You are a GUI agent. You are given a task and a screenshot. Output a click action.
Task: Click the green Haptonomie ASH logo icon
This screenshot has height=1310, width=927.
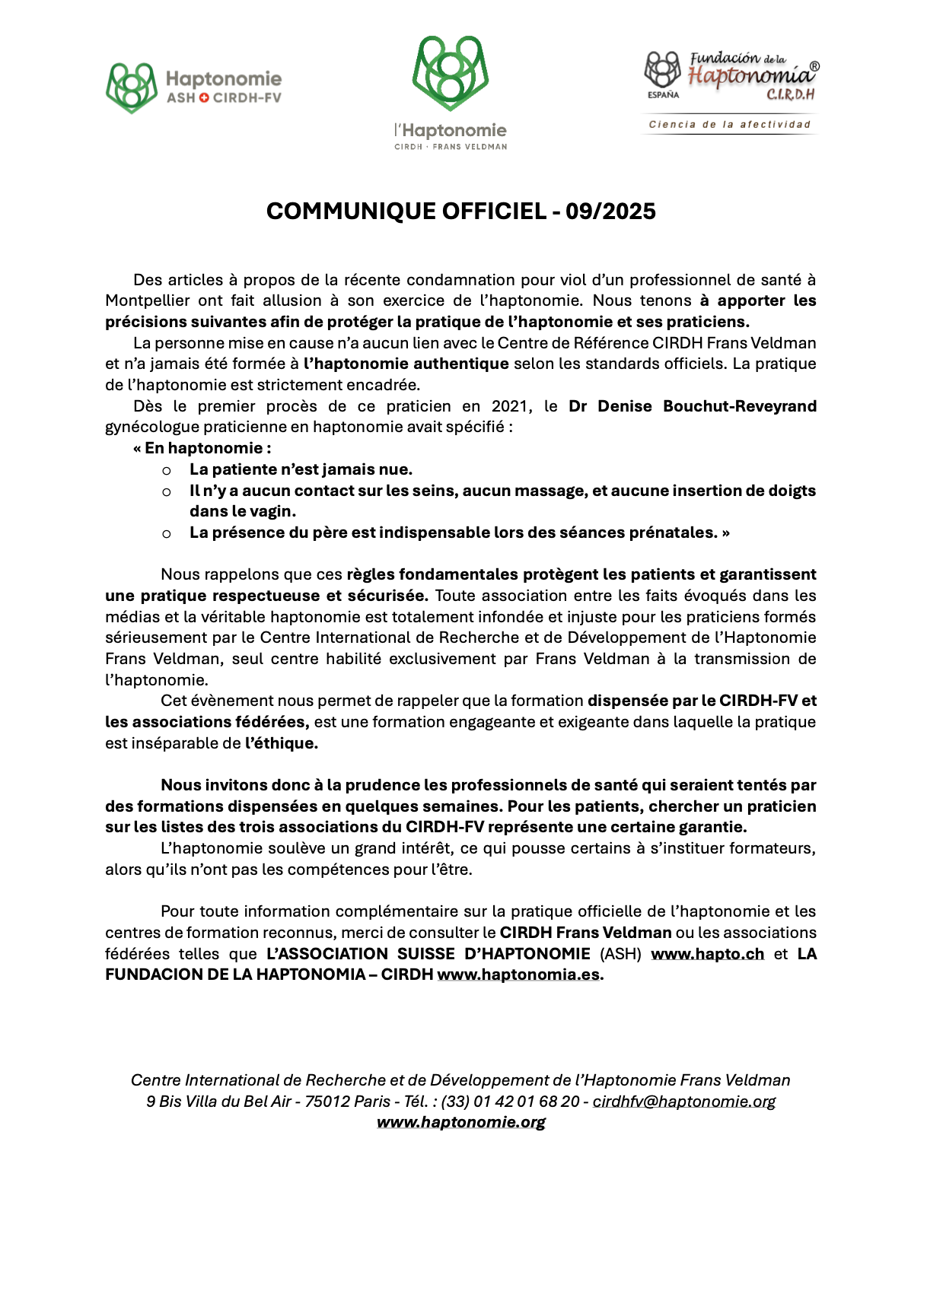[x=132, y=87]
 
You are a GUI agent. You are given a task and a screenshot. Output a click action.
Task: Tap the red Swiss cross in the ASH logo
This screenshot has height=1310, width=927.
[x=204, y=97]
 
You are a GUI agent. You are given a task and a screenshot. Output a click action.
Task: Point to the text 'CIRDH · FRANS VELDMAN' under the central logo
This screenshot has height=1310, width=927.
[x=451, y=147]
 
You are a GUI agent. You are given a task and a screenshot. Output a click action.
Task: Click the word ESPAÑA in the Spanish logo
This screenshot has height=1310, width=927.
[x=664, y=95]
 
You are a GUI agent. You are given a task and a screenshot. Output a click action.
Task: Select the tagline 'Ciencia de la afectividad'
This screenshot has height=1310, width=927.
[x=729, y=124]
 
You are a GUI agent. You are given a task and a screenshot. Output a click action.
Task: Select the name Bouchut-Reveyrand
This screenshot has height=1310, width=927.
[x=740, y=406]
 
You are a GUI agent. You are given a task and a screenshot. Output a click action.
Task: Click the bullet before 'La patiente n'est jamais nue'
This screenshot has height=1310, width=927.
[x=167, y=471]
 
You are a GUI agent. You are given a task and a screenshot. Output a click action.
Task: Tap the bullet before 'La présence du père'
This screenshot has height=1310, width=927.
[x=167, y=534]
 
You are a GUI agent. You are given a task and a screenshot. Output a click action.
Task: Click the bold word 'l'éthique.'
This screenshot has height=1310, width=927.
[x=281, y=743]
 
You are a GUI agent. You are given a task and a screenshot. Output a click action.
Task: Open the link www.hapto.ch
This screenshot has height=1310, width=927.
[x=707, y=954]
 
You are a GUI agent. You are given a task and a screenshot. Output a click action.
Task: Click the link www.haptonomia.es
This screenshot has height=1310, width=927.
[x=518, y=975]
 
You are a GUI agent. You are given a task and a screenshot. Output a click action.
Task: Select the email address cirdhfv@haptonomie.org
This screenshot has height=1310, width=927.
[x=684, y=1102]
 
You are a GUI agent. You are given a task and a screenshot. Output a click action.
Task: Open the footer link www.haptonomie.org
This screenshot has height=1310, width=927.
[x=461, y=1122]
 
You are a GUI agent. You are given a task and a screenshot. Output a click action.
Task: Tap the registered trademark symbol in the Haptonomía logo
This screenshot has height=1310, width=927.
[x=814, y=67]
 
